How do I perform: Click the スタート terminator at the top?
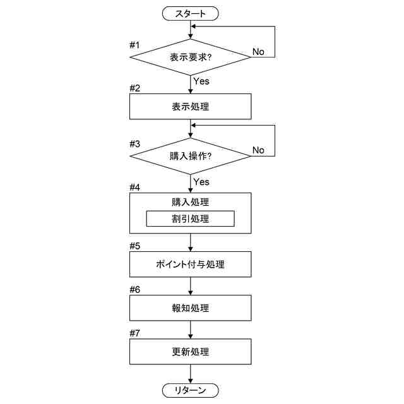pos(190,12)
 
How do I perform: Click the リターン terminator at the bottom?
pos(190,391)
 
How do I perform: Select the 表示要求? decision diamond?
pos(190,57)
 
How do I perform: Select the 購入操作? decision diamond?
pos(190,155)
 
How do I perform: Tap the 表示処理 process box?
pos(190,107)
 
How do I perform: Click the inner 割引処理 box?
pos(190,219)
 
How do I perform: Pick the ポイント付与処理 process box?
pos(190,264)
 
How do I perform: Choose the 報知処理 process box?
pos(190,309)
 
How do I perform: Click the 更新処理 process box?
pos(190,352)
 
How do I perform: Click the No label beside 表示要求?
pos(258,51)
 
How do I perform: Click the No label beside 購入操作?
pos(258,150)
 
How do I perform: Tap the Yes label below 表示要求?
pos(201,81)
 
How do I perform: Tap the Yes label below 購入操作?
pos(201,182)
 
